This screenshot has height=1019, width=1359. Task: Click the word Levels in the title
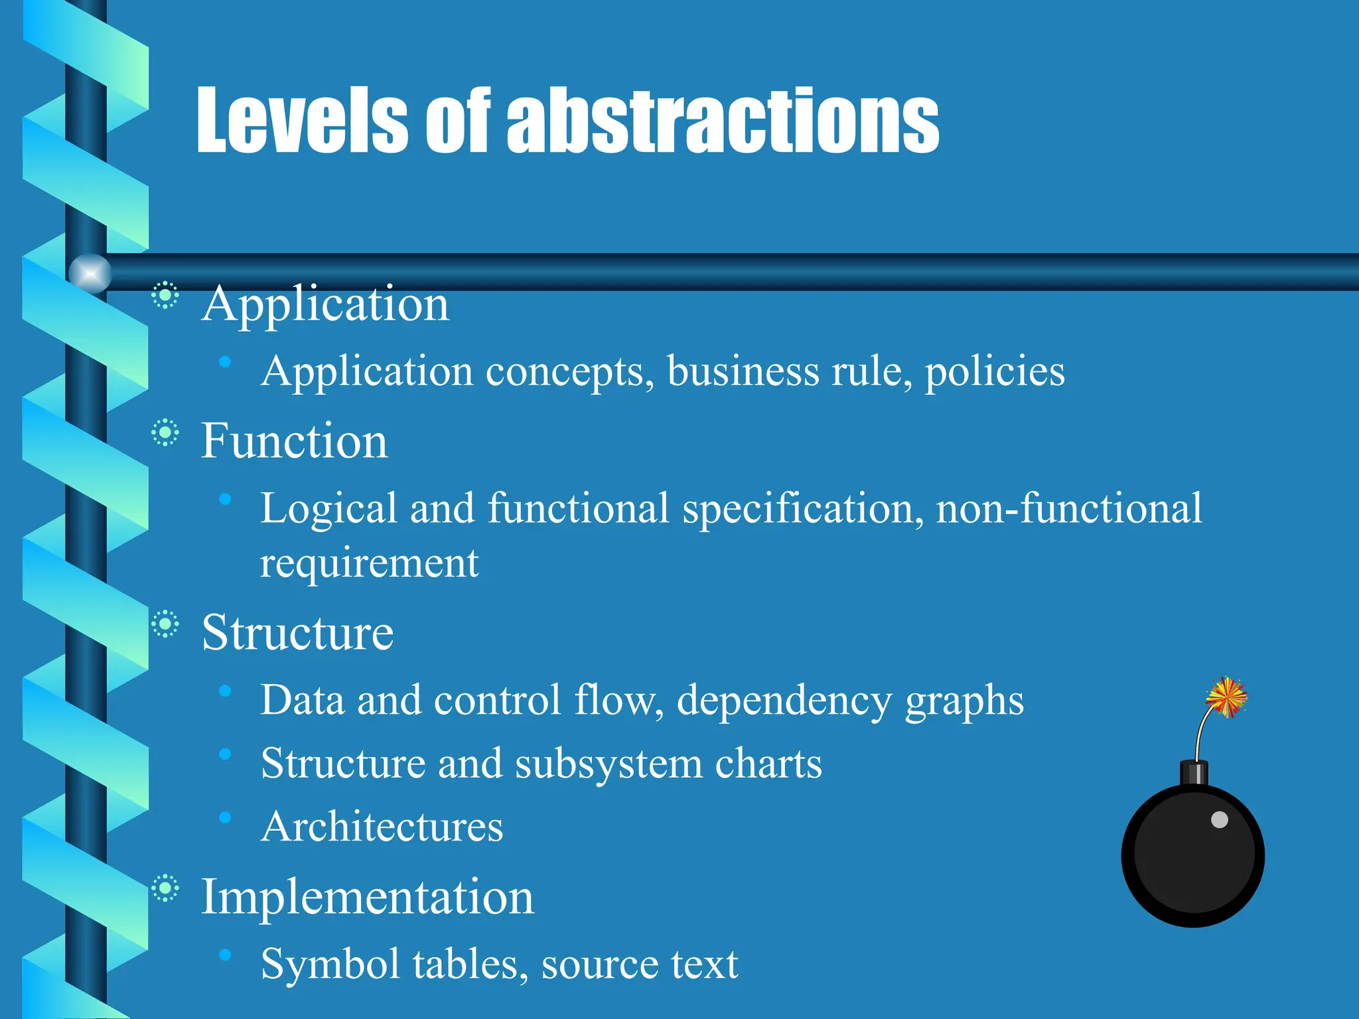pyautogui.click(x=302, y=121)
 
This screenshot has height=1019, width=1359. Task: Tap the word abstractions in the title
pyautogui.click(x=723, y=121)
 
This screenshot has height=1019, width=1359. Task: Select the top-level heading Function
pyautogui.click(x=294, y=441)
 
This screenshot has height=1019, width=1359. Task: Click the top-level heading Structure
pyautogui.click(x=297, y=632)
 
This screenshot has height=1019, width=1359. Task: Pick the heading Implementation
pyautogui.click(x=367, y=897)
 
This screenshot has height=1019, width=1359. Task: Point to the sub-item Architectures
pyautogui.click(x=382, y=827)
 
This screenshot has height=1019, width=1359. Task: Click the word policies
pyautogui.click(x=995, y=372)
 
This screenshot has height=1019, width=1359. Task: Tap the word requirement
pyautogui.click(x=369, y=564)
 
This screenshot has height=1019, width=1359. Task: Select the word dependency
pyautogui.click(x=784, y=701)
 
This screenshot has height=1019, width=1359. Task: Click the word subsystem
pyautogui.click(x=608, y=764)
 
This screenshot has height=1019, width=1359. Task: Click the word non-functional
pyautogui.click(x=1068, y=509)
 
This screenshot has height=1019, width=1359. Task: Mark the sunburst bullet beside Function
pyautogui.click(x=165, y=434)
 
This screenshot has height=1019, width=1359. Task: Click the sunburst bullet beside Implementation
pyautogui.click(x=165, y=889)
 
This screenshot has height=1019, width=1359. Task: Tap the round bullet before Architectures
pyautogui.click(x=226, y=818)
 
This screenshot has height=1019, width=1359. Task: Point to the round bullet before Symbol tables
pyautogui.click(x=226, y=955)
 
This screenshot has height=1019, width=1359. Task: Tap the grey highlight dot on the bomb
pyautogui.click(x=1220, y=820)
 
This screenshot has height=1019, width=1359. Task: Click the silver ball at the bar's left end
pyautogui.click(x=90, y=273)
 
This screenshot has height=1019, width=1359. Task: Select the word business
pyautogui.click(x=743, y=372)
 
